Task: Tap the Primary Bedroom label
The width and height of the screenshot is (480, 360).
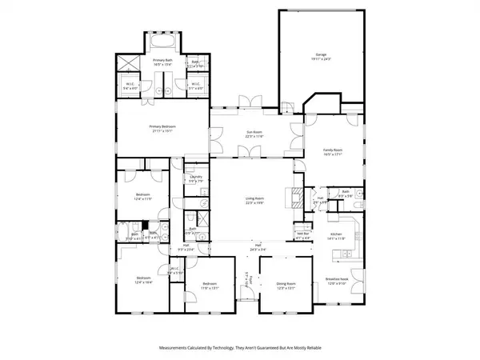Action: [162, 127]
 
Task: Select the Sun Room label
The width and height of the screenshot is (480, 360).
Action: [254, 135]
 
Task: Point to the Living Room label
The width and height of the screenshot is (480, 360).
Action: [254, 200]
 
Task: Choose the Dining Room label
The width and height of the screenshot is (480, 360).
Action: [286, 284]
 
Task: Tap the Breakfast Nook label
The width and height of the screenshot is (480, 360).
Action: [335, 281]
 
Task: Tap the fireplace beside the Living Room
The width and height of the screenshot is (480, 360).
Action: [298, 197]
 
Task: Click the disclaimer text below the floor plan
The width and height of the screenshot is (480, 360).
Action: [240, 347]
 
